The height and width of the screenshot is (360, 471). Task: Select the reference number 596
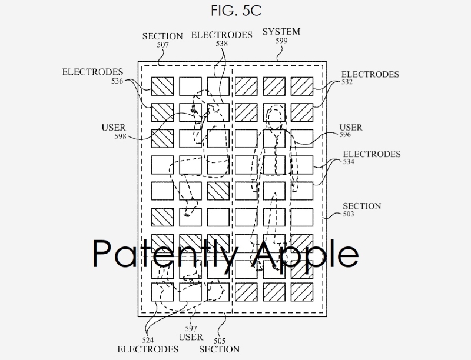[346, 135]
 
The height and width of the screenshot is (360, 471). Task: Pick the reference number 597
[191, 329]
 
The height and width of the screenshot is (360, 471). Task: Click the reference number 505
[219, 340]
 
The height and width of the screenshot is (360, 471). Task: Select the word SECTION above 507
[163, 36]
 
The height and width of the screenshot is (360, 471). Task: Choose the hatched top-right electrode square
[302, 86]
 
